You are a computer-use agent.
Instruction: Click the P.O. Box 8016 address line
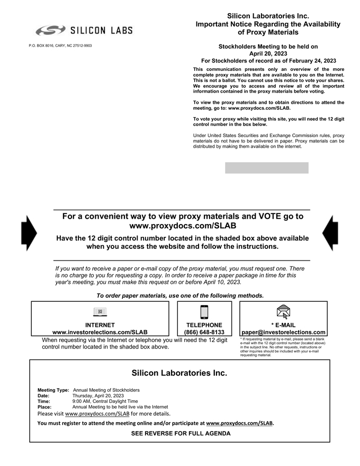(60, 46)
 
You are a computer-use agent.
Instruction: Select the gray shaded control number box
(266, 168)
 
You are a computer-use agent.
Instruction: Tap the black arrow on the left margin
(29, 233)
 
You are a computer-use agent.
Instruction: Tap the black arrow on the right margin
(330, 233)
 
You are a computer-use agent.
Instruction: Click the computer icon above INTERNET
(100, 312)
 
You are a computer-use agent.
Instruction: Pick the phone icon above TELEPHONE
(204, 312)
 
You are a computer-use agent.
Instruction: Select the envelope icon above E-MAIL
(283, 312)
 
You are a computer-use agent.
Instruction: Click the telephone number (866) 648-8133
(204, 333)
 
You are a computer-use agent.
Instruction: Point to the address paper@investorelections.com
(283, 333)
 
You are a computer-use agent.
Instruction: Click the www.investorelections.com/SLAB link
(100, 333)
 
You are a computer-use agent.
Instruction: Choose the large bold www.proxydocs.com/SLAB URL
(182, 226)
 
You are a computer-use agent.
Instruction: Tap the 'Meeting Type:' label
(53, 390)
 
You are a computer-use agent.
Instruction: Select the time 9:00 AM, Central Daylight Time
(105, 401)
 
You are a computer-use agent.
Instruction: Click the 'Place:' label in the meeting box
(44, 407)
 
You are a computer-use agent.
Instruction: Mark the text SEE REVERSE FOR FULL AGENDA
(181, 434)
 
